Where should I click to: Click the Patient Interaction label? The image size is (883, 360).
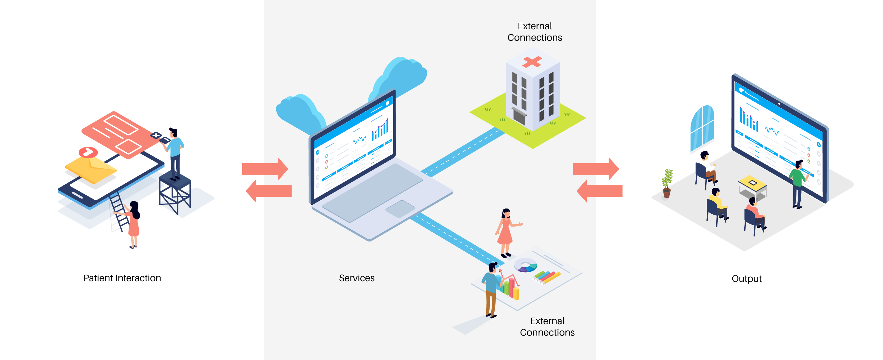coord(122,278)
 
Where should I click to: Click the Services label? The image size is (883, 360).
coord(356,278)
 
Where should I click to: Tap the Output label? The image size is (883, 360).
coord(746,279)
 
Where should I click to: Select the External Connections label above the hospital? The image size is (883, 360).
coord(534,32)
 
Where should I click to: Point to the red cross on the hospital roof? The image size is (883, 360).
coord(532,62)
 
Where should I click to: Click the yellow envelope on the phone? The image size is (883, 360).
coord(91,169)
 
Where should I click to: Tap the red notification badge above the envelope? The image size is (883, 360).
coord(88,152)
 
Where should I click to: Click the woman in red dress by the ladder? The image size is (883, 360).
coord(133,223)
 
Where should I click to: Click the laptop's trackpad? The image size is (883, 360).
coord(400,209)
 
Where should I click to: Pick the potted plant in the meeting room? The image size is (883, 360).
coord(667,183)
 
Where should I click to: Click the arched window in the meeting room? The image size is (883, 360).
coord(702,127)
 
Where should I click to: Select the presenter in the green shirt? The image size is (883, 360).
coord(798,182)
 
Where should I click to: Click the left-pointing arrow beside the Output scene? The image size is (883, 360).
coord(600,191)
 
